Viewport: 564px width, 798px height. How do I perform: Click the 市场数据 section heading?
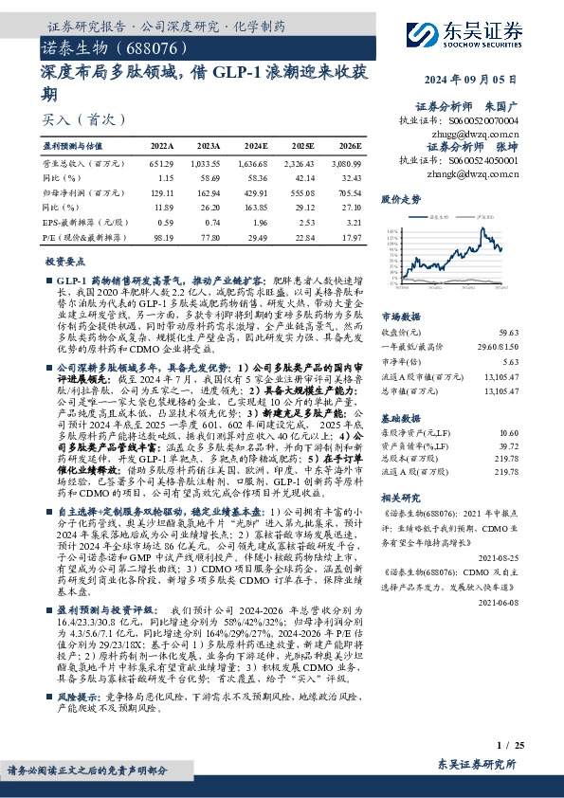[400, 316]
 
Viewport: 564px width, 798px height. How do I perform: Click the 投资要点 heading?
[65, 261]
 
